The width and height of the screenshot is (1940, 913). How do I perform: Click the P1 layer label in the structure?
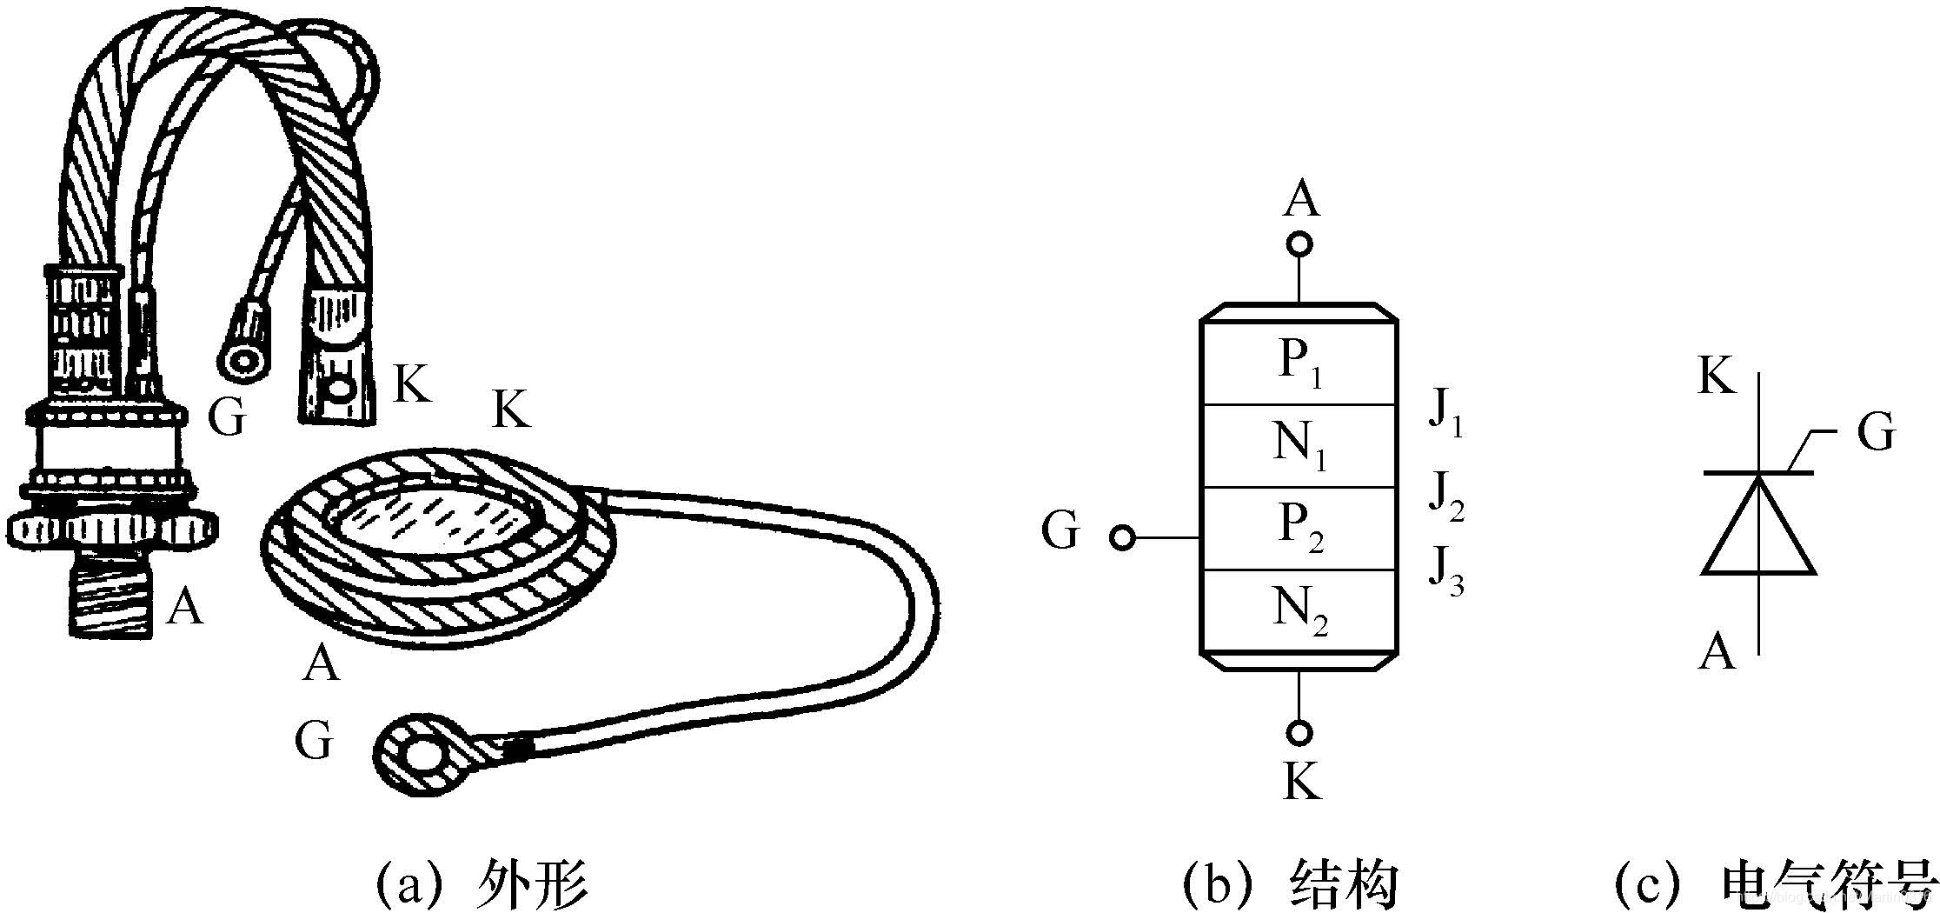coord(1299,363)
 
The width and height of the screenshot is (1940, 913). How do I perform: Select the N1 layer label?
coord(1299,446)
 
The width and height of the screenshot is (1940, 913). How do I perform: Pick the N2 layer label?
coord(1300,610)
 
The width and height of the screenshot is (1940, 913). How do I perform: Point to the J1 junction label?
coord(1445,416)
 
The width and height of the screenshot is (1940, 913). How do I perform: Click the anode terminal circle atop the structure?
coord(1299,243)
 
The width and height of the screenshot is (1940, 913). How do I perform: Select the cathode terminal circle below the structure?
coord(1299,733)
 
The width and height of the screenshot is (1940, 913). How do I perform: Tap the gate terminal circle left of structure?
coord(1122,539)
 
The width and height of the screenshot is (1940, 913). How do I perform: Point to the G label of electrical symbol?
coord(1876,431)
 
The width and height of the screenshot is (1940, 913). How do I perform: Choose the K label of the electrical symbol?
coord(1716,379)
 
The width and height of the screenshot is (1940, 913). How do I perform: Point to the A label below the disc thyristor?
coord(322,665)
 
